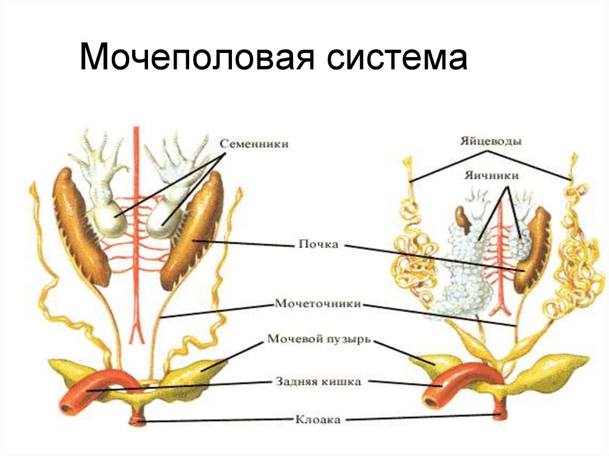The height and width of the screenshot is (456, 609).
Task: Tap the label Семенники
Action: pyautogui.click(x=255, y=144)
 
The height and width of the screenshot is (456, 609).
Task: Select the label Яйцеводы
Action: pyautogui.click(x=490, y=142)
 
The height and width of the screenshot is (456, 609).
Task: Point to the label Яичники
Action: pyautogui.click(x=491, y=176)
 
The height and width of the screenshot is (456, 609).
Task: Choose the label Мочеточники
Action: pyautogui.click(x=318, y=303)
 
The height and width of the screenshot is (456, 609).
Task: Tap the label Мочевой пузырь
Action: pyautogui.click(x=319, y=339)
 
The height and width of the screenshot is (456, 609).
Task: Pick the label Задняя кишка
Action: pyautogui.click(x=318, y=381)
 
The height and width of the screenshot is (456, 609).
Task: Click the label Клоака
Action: pyautogui.click(x=318, y=420)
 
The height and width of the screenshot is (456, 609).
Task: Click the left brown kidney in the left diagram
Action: pyautogui.click(x=80, y=226)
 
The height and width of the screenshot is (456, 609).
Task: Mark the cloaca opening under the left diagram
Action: pyautogui.click(x=137, y=422)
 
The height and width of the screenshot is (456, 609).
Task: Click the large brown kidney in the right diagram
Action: pyautogui.click(x=535, y=250)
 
